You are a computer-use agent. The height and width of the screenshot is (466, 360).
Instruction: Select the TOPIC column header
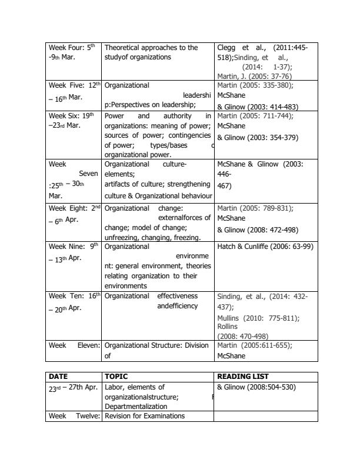[116, 376]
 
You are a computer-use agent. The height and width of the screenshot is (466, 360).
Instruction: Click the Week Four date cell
[73, 52]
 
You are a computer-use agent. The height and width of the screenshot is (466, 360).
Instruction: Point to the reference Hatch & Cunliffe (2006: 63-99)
[265, 246]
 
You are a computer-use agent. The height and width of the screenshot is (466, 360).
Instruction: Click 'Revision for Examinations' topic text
[144, 416]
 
